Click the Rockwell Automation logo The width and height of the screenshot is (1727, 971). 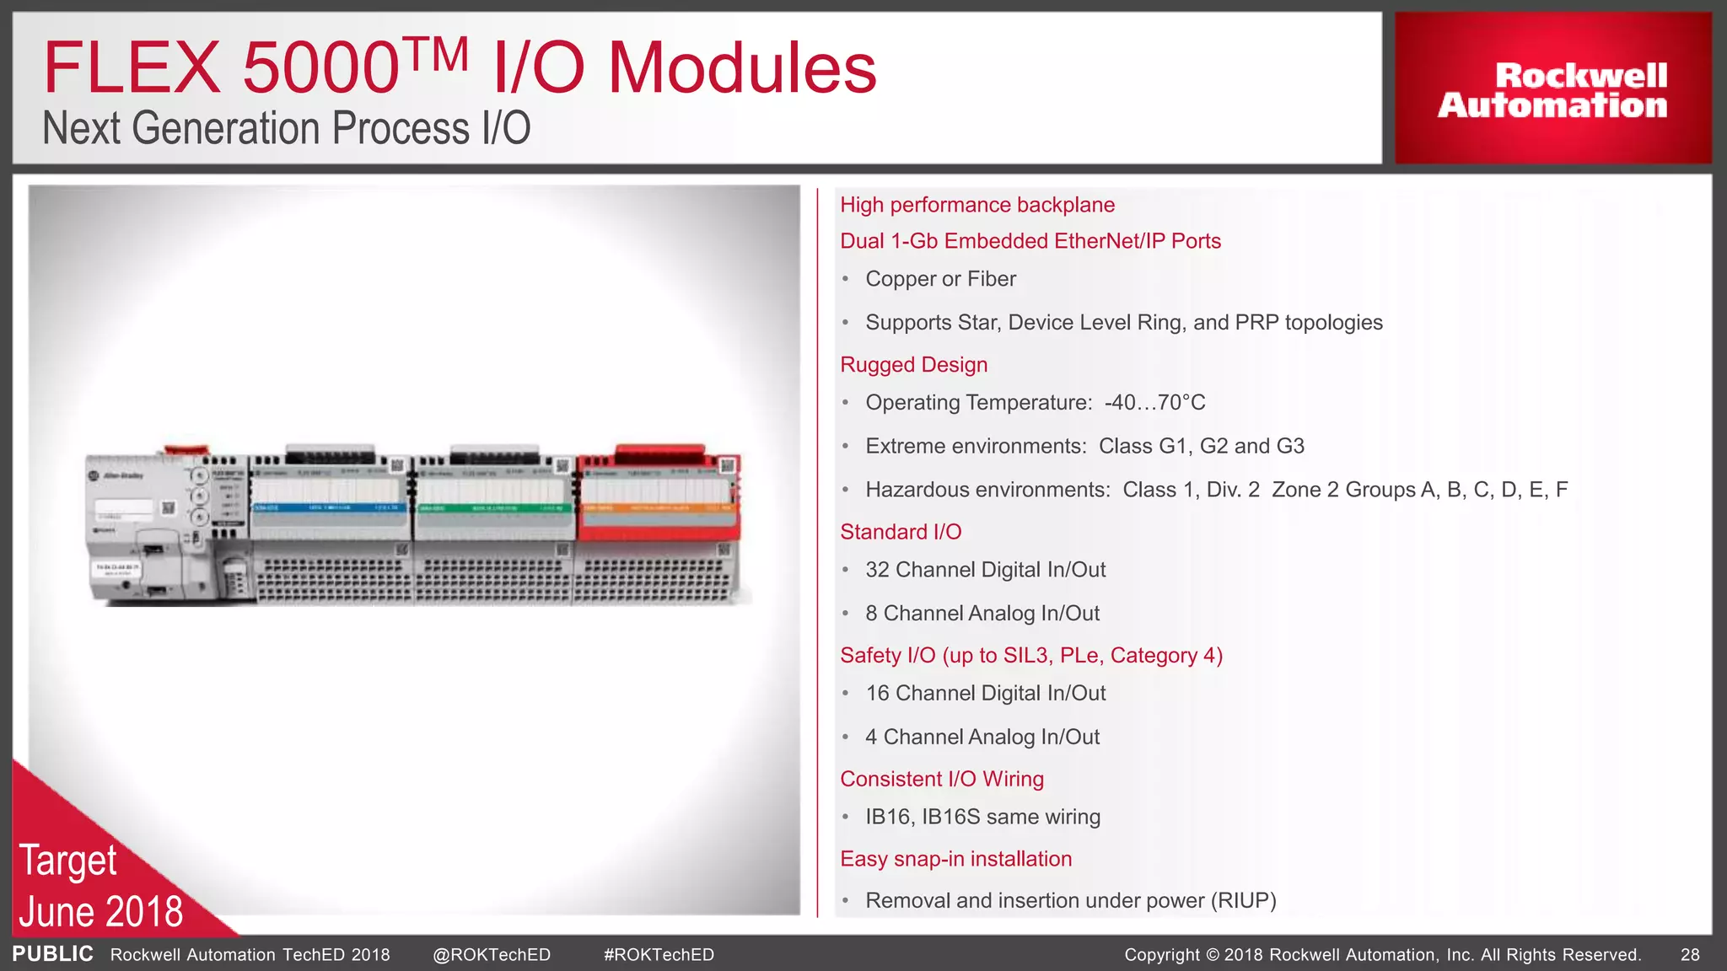(1552, 89)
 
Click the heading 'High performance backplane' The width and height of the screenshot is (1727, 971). (976, 205)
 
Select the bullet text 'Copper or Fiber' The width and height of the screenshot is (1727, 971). (940, 279)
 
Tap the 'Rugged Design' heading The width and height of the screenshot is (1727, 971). (913, 365)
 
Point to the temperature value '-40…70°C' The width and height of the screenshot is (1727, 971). (1154, 403)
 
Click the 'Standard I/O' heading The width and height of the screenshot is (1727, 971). (901, 532)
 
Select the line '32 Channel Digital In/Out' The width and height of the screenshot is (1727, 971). (985, 570)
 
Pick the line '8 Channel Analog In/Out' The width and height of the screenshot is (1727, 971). (982, 614)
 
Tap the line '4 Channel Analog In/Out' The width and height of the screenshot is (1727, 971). (982, 738)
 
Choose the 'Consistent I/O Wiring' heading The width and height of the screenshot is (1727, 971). (941, 779)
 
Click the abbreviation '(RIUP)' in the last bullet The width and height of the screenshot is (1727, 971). (1243, 901)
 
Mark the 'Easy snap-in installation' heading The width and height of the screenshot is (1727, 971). (955, 859)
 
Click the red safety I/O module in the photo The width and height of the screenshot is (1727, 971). (658, 497)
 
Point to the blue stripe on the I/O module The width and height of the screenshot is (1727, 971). (329, 508)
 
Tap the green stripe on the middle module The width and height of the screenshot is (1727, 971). (493, 508)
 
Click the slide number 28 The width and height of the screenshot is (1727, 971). (1690, 955)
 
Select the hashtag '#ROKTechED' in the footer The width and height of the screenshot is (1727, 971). (659, 955)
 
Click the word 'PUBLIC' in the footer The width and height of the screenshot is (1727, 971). (52, 954)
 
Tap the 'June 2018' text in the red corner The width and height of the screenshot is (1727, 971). (101, 912)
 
